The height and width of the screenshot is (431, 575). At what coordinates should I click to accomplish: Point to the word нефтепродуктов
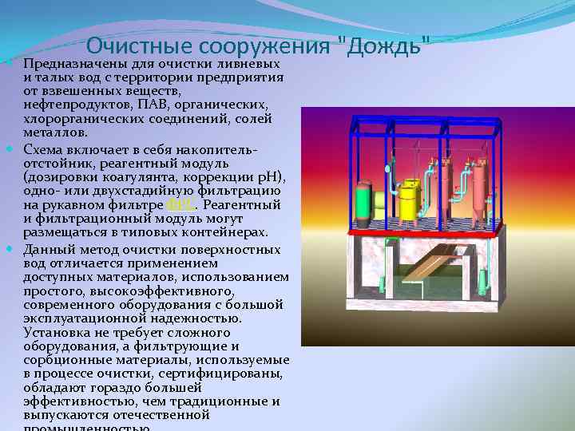coord(76,105)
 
